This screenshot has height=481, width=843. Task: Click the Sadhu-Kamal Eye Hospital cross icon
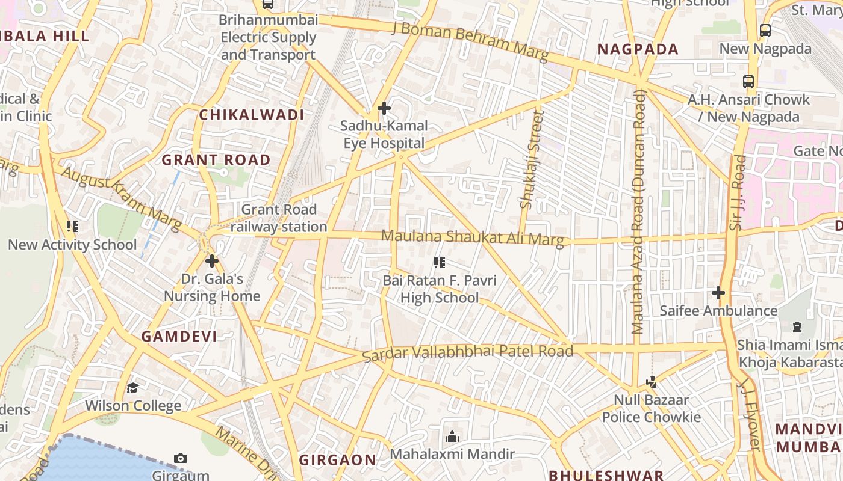384,108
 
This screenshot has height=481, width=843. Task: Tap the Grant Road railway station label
278,218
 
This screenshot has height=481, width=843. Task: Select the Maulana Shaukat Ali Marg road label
473,237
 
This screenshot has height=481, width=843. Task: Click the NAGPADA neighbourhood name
638,49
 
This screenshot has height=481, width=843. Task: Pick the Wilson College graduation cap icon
132,388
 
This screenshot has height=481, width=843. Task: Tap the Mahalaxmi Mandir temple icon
452,437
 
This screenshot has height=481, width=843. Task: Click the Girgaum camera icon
180,459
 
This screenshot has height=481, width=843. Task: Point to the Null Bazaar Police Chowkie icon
650,382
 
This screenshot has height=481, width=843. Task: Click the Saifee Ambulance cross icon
718,293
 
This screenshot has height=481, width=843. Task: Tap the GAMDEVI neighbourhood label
179,337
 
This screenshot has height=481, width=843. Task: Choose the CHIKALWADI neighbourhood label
252,115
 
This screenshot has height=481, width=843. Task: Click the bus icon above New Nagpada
765,30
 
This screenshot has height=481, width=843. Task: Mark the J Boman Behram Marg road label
470,41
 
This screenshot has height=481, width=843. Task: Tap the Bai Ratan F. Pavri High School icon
440,263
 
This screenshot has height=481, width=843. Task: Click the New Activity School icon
72,227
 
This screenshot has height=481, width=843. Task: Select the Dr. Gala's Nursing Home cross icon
211,261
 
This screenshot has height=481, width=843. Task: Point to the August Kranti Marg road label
120,199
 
